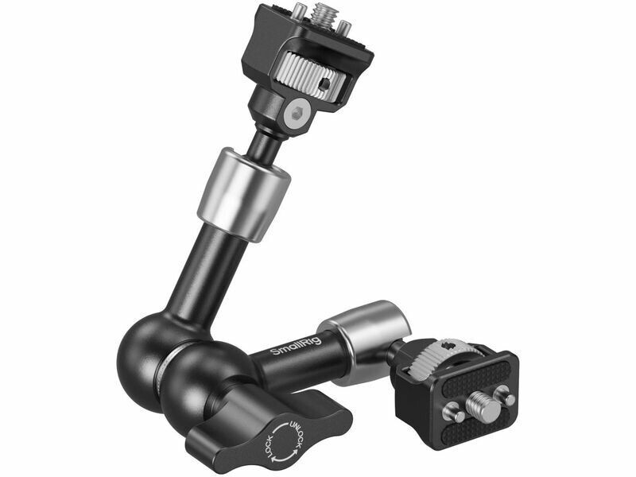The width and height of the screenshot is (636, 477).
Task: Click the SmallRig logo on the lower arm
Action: [296, 346]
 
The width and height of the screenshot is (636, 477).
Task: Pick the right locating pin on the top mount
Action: [344, 27]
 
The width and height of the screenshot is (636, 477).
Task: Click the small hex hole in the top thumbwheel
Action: [324, 85]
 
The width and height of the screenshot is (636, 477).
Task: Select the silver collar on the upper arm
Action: [245, 195]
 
